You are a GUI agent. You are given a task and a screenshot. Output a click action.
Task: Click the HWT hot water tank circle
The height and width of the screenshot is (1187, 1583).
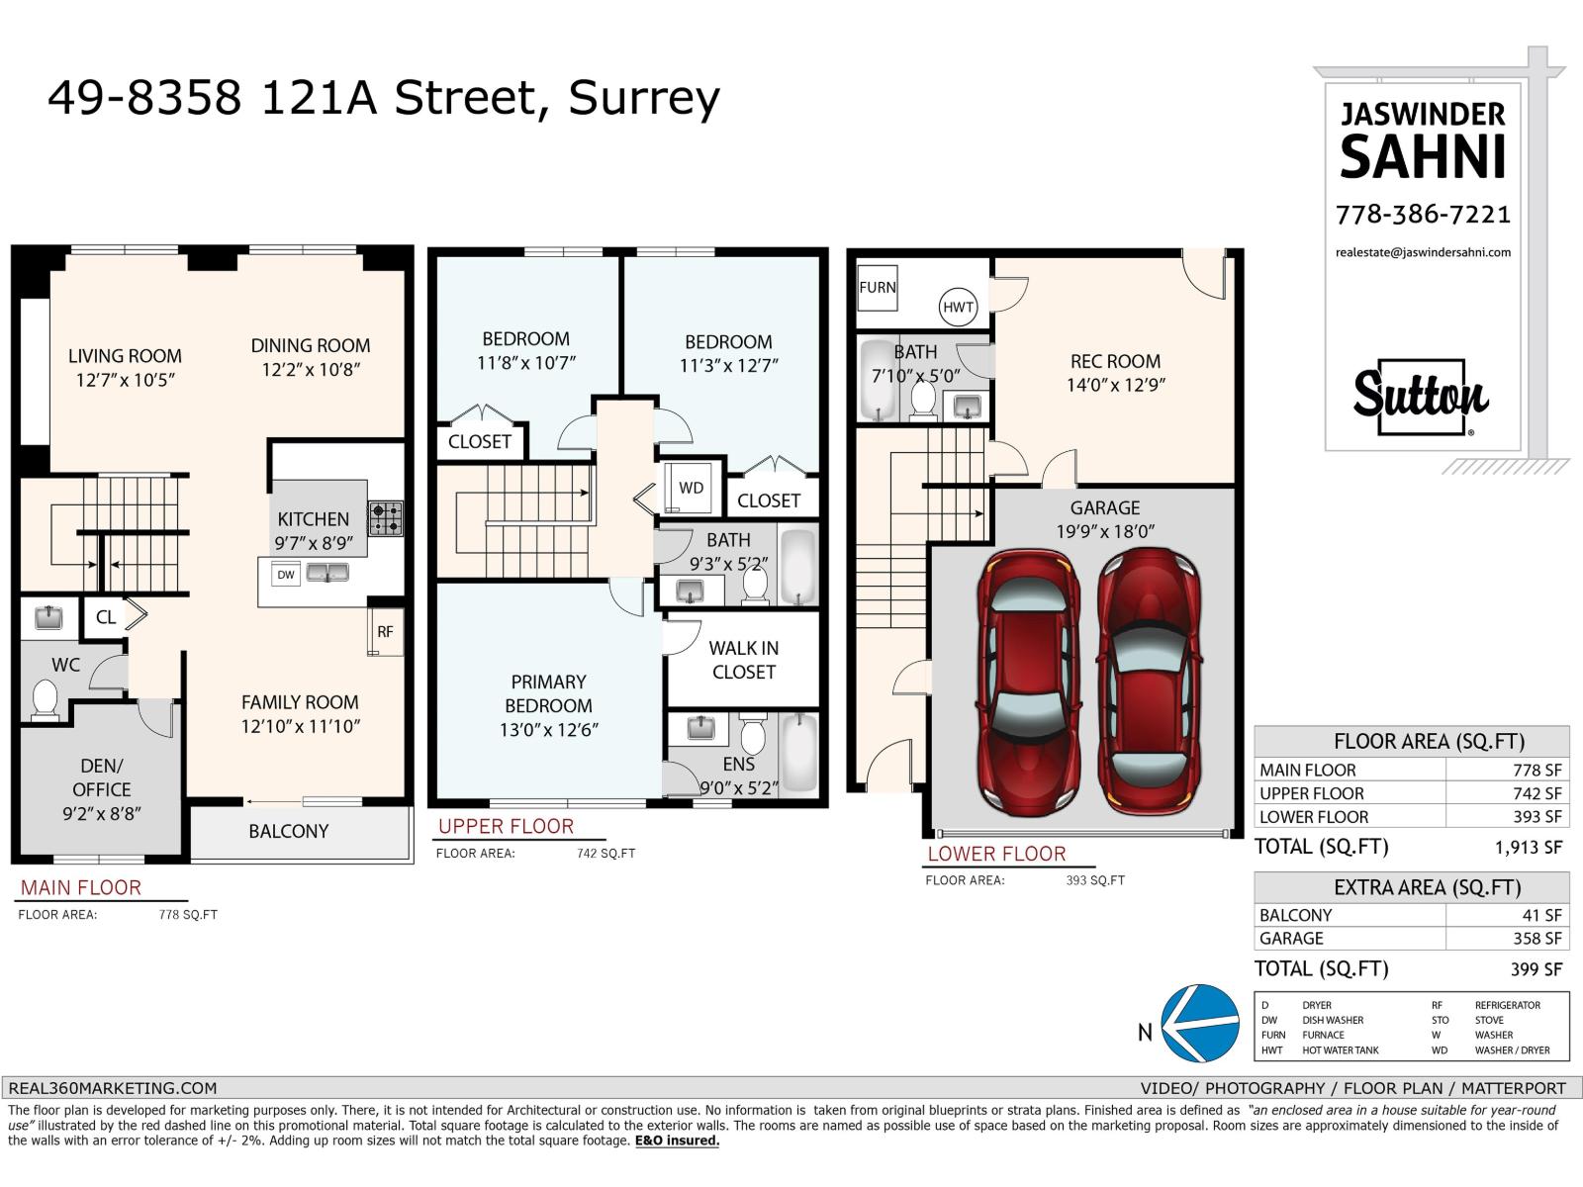[x=958, y=307]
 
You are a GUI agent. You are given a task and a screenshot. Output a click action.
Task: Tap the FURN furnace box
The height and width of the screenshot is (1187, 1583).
[x=877, y=288]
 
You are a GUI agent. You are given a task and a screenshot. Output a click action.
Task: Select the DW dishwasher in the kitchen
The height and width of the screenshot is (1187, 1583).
[x=286, y=575]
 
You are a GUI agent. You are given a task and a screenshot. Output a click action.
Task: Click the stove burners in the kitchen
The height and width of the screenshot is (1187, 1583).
[x=386, y=519]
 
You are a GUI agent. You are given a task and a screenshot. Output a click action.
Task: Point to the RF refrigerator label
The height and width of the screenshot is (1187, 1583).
[x=385, y=631]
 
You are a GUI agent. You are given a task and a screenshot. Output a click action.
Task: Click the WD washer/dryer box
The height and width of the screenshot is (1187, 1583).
[x=691, y=488]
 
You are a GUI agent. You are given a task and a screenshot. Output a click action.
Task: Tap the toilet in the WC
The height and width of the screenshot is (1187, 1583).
[x=45, y=699]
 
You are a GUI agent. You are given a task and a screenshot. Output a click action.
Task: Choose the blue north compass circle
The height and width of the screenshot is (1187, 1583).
[x=1201, y=1024]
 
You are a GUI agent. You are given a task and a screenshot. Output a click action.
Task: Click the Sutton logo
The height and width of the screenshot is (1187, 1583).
[x=1421, y=397]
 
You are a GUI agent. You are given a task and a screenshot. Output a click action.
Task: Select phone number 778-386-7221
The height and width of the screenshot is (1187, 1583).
[x=1423, y=215]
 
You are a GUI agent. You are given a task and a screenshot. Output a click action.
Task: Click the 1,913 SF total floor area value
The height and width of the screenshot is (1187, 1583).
[x=1529, y=848]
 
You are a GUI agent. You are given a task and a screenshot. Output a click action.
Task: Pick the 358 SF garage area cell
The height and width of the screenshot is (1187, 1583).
[x=1536, y=939]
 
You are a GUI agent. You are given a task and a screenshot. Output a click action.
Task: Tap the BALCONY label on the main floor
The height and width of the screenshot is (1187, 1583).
[x=289, y=831]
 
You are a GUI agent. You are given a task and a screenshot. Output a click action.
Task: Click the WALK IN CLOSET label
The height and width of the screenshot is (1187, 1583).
[x=744, y=660]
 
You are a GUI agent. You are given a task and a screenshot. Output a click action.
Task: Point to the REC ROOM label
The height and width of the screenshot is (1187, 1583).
[x=1116, y=361]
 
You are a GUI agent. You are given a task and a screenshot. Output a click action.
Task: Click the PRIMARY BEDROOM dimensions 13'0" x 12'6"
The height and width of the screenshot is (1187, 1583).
[x=549, y=730]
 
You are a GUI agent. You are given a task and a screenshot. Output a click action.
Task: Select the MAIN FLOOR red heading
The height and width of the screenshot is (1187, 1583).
[x=81, y=887]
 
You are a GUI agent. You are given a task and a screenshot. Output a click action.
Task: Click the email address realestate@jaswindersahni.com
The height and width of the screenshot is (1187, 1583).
[x=1423, y=252]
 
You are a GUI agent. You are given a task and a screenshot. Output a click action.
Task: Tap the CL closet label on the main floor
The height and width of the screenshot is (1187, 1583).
[x=105, y=617]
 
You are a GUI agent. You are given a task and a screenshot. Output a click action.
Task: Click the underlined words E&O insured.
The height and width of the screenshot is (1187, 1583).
[x=677, y=1141]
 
